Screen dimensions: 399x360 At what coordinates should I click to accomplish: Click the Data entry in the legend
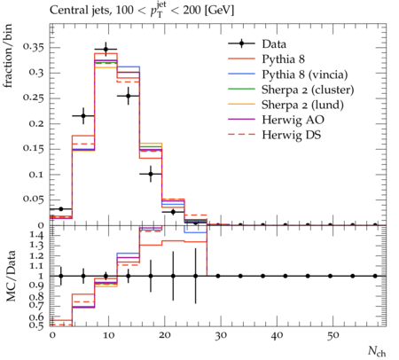274,44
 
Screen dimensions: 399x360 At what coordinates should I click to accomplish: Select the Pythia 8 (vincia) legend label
305,74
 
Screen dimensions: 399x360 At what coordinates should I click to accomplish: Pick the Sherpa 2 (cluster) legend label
308,90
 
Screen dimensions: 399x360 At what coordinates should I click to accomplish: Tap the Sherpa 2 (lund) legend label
302,105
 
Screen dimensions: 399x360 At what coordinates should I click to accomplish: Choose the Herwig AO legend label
293,120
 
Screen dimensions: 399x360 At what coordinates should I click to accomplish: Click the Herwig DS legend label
292,135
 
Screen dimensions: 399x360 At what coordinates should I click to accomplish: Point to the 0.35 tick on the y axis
34,48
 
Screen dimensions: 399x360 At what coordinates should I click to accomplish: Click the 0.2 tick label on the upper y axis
36,124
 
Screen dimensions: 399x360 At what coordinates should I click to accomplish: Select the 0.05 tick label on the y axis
34,200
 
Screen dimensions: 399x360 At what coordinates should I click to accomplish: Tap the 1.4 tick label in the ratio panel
37,236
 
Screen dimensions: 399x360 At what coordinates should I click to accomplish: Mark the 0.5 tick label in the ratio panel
37,325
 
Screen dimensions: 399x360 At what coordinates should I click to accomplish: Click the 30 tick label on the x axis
221,336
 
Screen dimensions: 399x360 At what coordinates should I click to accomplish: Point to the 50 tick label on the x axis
333,336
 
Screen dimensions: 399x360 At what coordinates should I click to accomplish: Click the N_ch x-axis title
377,351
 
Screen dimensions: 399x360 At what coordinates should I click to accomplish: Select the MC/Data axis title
11,276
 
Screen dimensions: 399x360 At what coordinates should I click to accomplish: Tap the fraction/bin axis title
8,56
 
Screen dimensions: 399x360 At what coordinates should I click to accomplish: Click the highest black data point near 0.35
106,50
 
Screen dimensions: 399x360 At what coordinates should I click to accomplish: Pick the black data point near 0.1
151,174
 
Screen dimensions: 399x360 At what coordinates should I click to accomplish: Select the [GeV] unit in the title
219,11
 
